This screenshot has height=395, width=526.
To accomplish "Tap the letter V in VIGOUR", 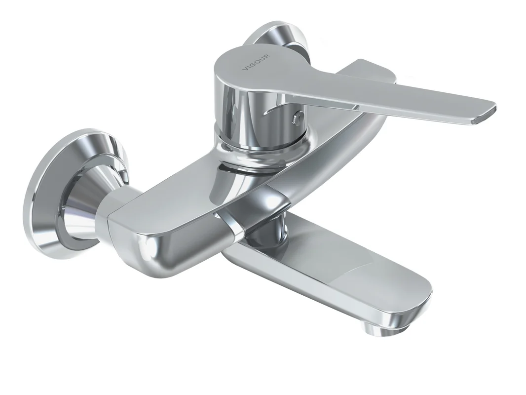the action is click(x=245, y=69).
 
